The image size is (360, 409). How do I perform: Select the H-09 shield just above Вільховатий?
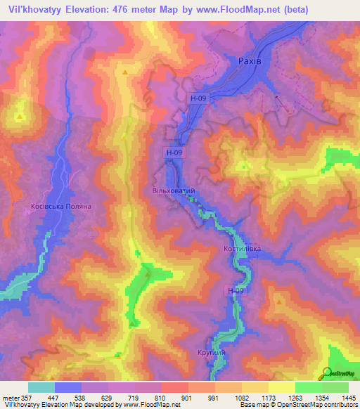(174, 152)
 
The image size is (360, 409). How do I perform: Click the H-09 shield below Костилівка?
(235, 290)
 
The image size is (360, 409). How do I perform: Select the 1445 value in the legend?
(348, 397)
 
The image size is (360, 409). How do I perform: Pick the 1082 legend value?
(239, 397)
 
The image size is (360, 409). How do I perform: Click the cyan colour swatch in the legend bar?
(41, 387)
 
